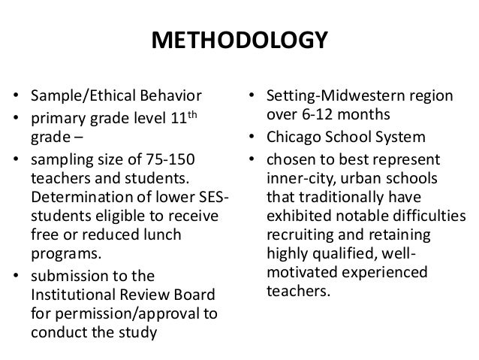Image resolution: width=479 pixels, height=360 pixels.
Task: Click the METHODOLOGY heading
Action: coord(239,38)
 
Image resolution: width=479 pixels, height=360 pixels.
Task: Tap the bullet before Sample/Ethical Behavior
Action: coord(16,96)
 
